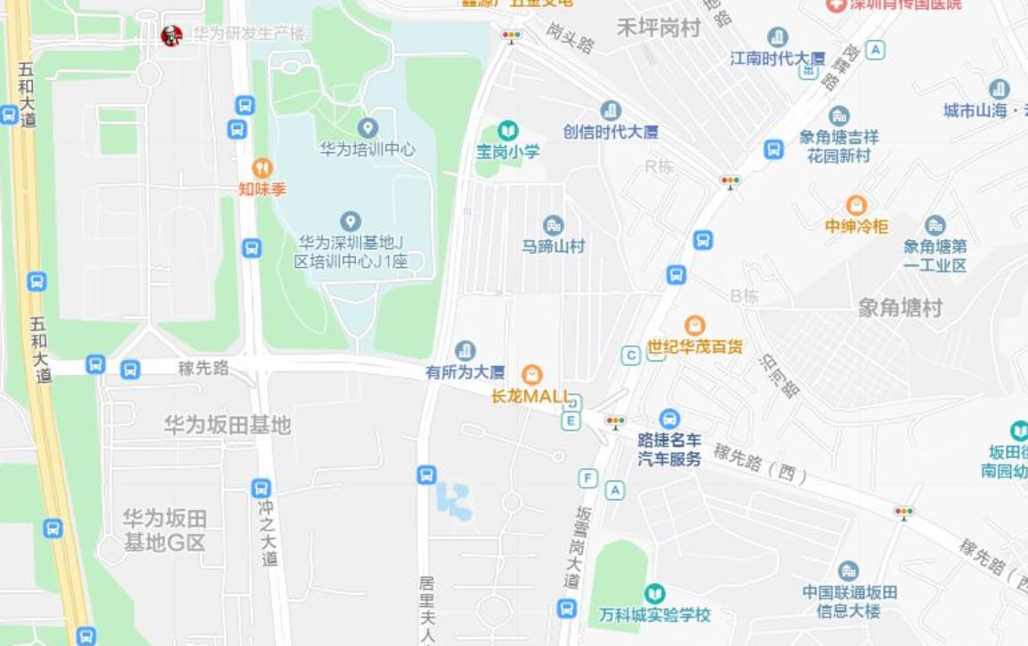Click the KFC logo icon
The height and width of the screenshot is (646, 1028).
click(x=171, y=36)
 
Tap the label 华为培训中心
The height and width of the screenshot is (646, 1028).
click(x=368, y=149)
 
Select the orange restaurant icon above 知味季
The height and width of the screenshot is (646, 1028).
click(x=262, y=167)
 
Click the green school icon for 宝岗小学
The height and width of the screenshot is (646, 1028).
click(x=507, y=131)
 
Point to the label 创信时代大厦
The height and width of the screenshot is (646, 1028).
click(x=611, y=132)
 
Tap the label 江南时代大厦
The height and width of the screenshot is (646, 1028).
click(x=777, y=58)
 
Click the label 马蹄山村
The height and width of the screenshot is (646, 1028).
click(x=554, y=246)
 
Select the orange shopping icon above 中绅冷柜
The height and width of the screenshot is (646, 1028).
click(x=856, y=206)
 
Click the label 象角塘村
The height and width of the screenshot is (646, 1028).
click(x=900, y=308)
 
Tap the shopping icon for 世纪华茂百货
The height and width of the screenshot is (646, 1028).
click(x=695, y=326)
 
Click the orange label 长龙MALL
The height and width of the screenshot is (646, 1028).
click(x=531, y=397)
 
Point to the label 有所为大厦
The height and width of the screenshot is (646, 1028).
click(x=465, y=372)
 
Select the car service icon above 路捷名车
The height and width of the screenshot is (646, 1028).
click(x=669, y=418)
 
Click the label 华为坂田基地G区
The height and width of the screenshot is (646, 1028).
click(x=165, y=529)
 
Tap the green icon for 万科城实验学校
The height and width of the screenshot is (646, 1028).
click(x=655, y=593)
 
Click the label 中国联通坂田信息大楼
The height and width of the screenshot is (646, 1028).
click(x=849, y=602)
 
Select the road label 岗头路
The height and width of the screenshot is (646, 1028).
click(x=570, y=37)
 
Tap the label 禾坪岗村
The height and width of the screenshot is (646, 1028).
click(x=659, y=28)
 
